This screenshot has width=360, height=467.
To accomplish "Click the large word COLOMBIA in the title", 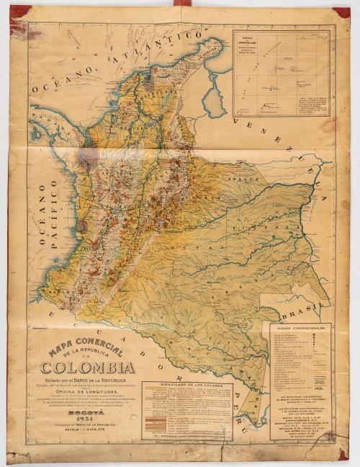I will pyautogui.click(x=83, y=368).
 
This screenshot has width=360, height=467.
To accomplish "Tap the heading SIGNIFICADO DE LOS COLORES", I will pyautogui.click(x=187, y=386).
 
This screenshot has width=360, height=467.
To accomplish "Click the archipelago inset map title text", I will pyautogui.click(x=252, y=43).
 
